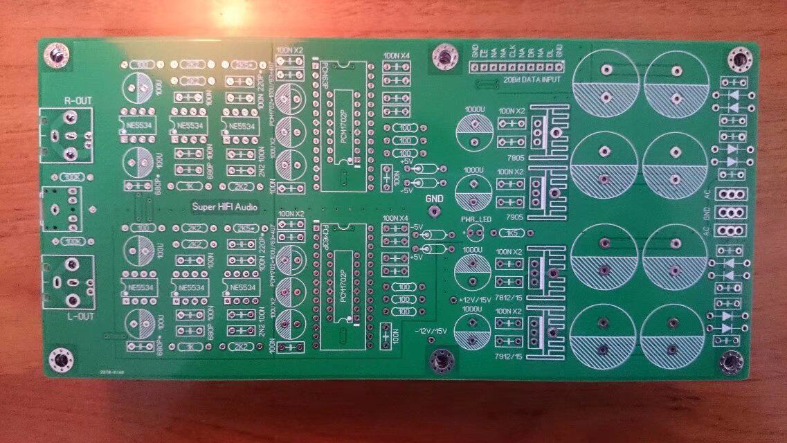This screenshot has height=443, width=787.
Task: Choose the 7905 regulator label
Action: (x=514, y=217)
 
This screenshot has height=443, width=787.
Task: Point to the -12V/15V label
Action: (x=431, y=330)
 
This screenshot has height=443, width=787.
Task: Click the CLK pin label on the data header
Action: (x=512, y=51)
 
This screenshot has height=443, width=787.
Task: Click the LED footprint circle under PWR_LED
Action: (x=475, y=233)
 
